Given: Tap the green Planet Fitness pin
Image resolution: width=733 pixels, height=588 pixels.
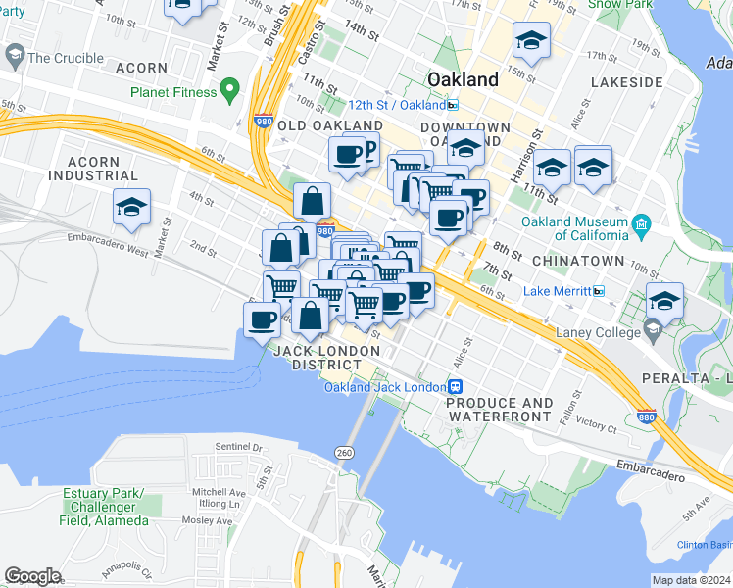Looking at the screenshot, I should pyautogui.click(x=230, y=92).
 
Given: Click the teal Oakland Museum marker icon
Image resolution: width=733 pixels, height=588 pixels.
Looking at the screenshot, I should pyautogui.click(x=641, y=223).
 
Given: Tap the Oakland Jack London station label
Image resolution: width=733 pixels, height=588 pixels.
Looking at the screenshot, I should pyautogui.click(x=386, y=386).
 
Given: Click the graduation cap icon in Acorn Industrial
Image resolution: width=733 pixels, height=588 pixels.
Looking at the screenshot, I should pyautogui.click(x=131, y=207).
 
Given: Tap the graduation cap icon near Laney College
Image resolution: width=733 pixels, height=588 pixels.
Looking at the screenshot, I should pyautogui.click(x=664, y=301).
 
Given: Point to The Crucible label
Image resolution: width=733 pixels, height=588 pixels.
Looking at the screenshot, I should pyautogui.click(x=66, y=58).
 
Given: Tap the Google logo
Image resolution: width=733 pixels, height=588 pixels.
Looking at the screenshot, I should pyautogui.click(x=33, y=576).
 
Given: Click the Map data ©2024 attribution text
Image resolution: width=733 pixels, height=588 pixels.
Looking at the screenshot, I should pyautogui.click(x=690, y=580).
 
